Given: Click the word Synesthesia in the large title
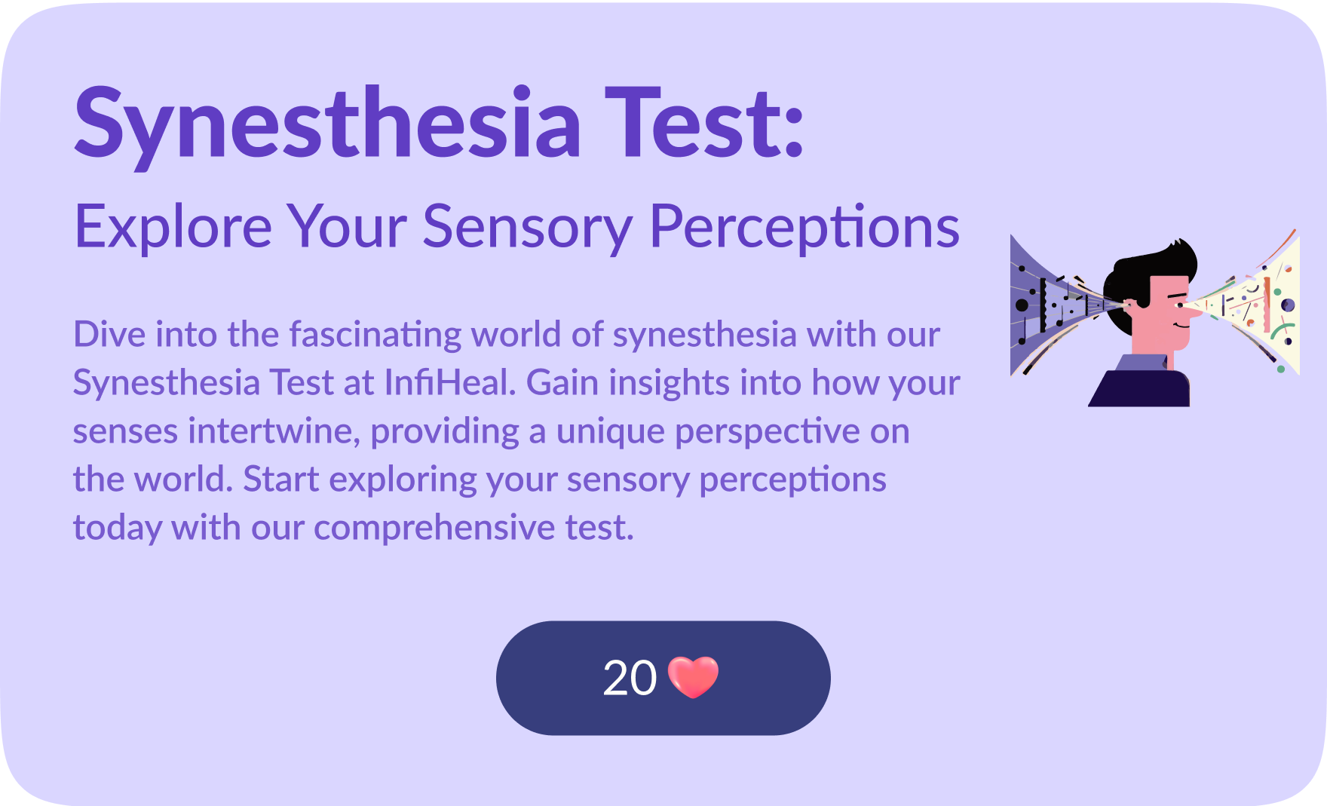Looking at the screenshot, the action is [x=328, y=124].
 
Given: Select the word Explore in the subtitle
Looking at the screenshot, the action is [x=173, y=226].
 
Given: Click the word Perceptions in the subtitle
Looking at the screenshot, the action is [x=804, y=227].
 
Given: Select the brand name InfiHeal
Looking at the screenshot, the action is [x=449, y=382].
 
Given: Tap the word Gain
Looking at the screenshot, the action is [x=562, y=382].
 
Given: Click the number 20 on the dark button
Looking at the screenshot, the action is [x=630, y=679].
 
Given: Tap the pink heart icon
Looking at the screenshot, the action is [x=694, y=677].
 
